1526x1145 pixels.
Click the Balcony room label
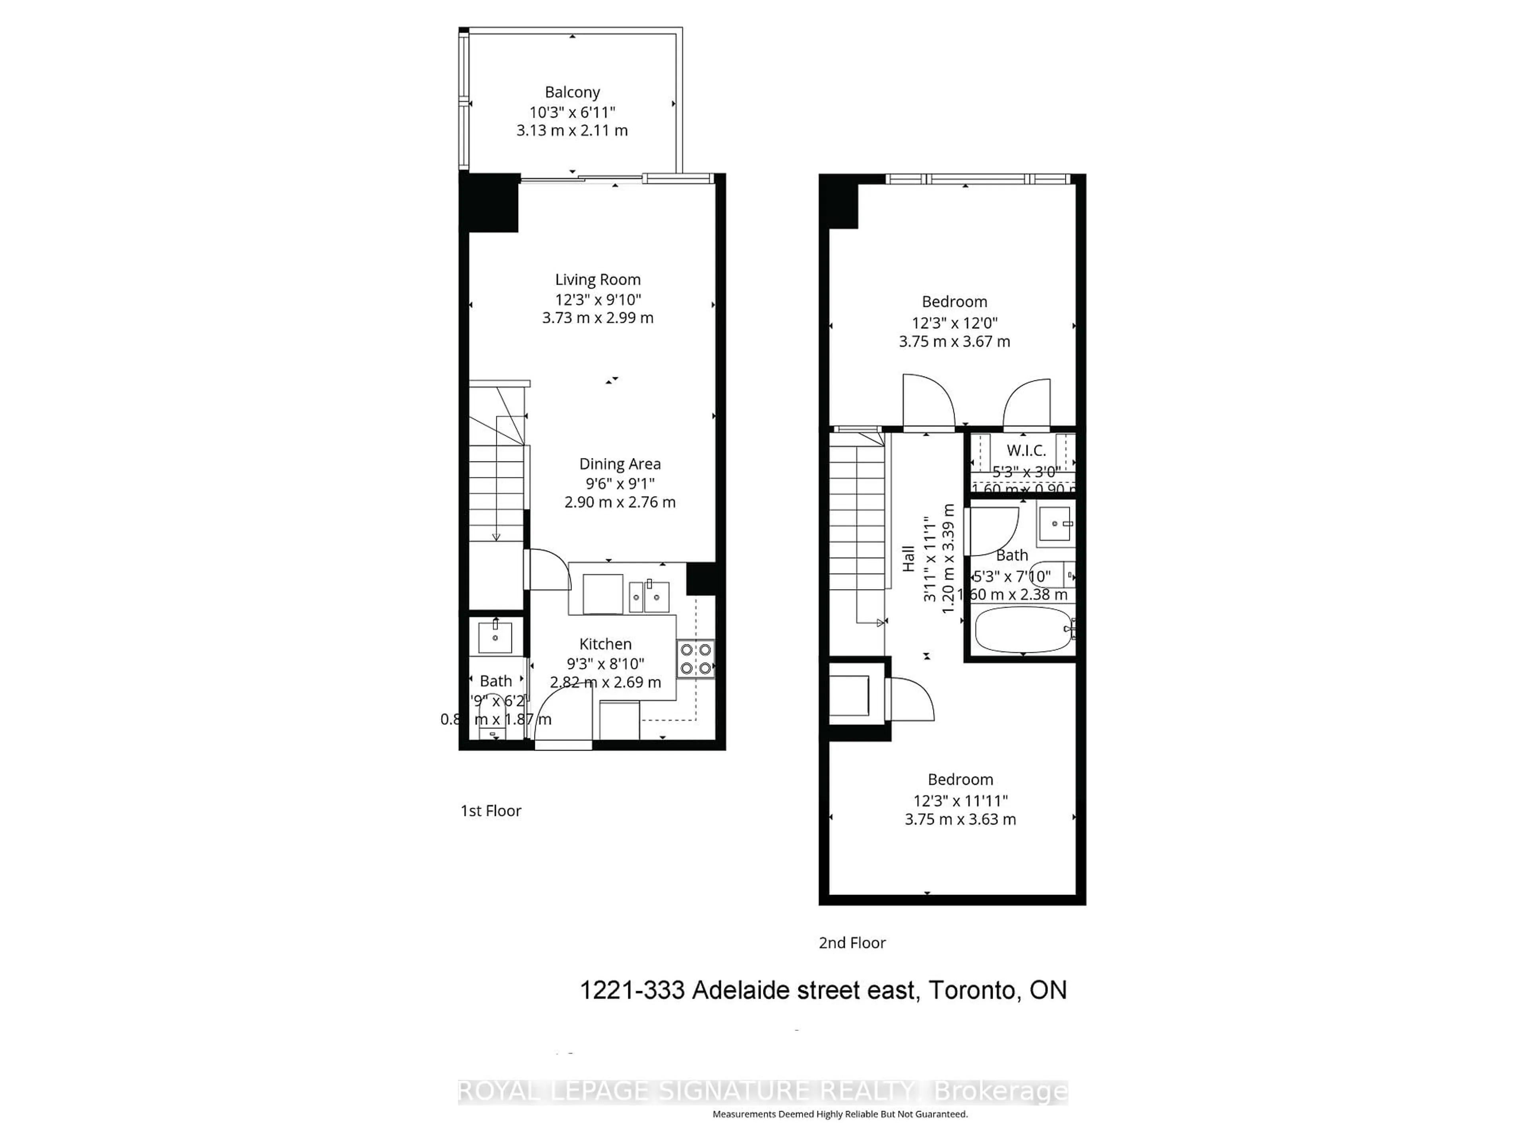click(x=572, y=92)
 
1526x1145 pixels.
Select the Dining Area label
click(x=620, y=464)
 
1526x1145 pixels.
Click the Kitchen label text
click(x=605, y=644)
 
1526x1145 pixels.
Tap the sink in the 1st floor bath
click(x=495, y=637)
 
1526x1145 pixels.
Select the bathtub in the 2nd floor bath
click(x=1023, y=629)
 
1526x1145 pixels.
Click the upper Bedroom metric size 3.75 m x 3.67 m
click(x=954, y=341)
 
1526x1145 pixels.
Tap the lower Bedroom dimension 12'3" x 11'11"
click(x=960, y=801)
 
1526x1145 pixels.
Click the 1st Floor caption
click(x=490, y=811)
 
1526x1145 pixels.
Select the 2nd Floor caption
click(x=852, y=943)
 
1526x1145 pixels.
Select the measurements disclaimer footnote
click(x=840, y=1114)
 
